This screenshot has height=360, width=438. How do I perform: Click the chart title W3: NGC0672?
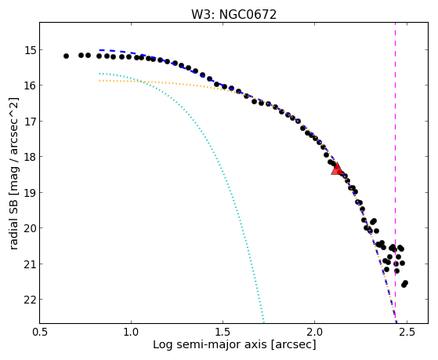tap(233, 15)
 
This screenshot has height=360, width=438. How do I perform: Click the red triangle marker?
tap(337, 169)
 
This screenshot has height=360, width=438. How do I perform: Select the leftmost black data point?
tap(66, 56)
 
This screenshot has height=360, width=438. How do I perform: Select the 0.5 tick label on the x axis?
tap(40, 333)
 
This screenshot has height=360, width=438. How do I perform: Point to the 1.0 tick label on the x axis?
tap(131, 333)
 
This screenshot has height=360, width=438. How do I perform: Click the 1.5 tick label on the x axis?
tap(223, 333)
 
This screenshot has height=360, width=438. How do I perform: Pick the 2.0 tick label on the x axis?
tap(314, 333)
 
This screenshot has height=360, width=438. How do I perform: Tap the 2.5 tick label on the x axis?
tap(407, 333)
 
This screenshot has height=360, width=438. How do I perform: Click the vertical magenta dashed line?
tap(395, 173)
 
